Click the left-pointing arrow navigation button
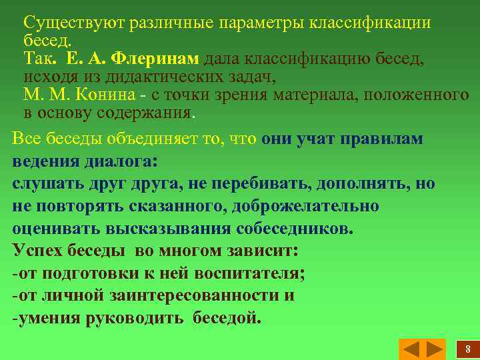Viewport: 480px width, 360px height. click(412, 349)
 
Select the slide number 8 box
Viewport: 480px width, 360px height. click(467, 349)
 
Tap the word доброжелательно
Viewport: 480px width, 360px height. click(305, 206)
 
